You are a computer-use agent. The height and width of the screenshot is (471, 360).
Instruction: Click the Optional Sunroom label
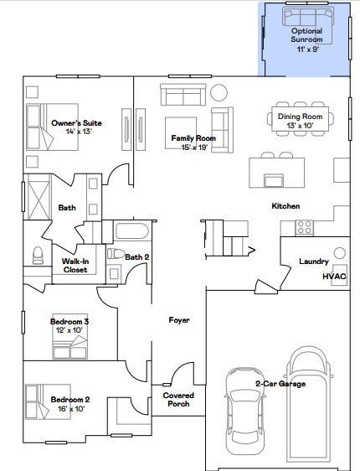(306, 39)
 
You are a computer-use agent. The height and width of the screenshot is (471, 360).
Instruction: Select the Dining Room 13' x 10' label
(300, 121)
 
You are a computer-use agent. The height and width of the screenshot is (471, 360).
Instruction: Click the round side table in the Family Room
(219, 93)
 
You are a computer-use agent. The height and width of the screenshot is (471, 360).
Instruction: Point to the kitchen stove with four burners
(305, 227)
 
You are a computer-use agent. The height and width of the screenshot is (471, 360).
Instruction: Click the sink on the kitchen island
(273, 181)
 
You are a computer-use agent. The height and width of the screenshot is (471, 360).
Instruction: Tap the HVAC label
(334, 276)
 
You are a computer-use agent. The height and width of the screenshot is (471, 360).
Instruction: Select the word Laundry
(314, 261)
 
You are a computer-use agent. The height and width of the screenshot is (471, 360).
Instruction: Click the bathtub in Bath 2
(132, 230)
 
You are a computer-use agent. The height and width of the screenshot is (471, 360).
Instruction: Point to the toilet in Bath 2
(116, 254)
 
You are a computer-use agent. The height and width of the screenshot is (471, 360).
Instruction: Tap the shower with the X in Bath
(39, 197)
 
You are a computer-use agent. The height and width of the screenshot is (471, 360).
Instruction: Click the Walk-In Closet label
(75, 265)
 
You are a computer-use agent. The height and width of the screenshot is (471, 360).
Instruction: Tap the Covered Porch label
(178, 400)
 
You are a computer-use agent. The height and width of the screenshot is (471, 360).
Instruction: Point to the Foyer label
(179, 320)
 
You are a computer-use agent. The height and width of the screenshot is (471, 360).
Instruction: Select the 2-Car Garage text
(280, 384)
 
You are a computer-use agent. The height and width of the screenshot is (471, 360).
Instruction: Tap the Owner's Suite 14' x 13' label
(76, 127)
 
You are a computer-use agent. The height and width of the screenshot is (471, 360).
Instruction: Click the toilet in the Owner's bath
(38, 255)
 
